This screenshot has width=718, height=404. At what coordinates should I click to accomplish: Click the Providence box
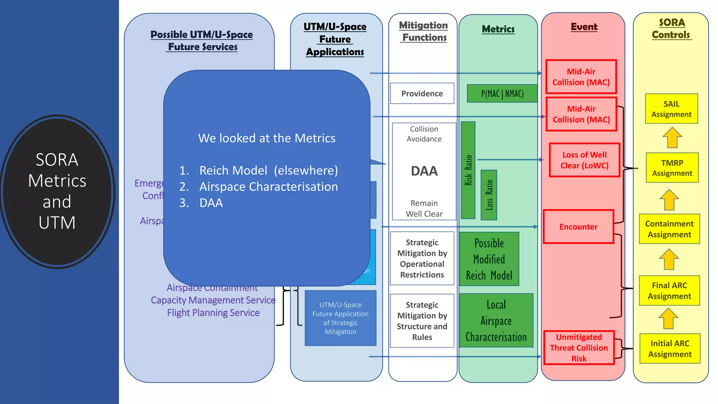click(422, 93)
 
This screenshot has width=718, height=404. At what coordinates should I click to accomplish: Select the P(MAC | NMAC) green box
click(502, 94)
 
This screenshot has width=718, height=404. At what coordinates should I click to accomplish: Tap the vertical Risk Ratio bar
click(468, 170)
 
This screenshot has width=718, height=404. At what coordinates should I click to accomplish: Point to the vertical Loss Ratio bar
click(489, 195)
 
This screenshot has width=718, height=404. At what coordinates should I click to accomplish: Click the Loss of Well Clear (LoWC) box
click(584, 160)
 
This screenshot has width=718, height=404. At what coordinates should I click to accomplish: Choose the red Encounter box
click(578, 227)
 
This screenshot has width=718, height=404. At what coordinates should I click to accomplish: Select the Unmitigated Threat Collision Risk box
click(579, 348)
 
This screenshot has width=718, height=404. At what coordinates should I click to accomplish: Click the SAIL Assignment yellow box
click(671, 109)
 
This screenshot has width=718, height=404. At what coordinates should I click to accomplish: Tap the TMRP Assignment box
click(672, 168)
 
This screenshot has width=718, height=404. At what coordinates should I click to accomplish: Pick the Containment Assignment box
click(669, 229)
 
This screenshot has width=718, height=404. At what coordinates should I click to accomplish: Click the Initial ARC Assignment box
click(670, 349)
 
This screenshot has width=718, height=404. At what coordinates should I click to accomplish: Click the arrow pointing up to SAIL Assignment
click(672, 137)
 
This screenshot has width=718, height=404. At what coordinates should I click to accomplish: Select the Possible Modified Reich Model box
click(489, 259)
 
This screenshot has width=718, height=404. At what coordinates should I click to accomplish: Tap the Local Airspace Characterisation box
click(496, 321)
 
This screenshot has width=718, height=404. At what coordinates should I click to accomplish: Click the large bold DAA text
click(424, 171)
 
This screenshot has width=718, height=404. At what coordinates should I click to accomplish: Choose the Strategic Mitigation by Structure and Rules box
click(422, 321)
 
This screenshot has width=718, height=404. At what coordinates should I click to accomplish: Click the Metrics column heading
click(498, 29)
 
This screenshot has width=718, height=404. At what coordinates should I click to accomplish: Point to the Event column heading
click(584, 27)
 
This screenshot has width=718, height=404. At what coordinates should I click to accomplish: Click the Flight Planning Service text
click(213, 312)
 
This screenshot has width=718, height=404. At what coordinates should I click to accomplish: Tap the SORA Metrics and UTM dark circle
click(57, 191)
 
